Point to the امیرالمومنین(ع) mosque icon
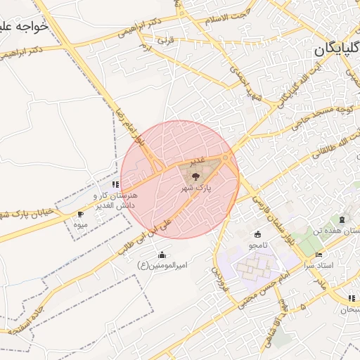click(x=162, y=255)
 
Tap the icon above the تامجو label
click(x=257, y=234)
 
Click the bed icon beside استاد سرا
click(x=319, y=255)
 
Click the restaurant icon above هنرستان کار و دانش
click(x=115, y=184)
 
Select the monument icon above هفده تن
click(x=342, y=220)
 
